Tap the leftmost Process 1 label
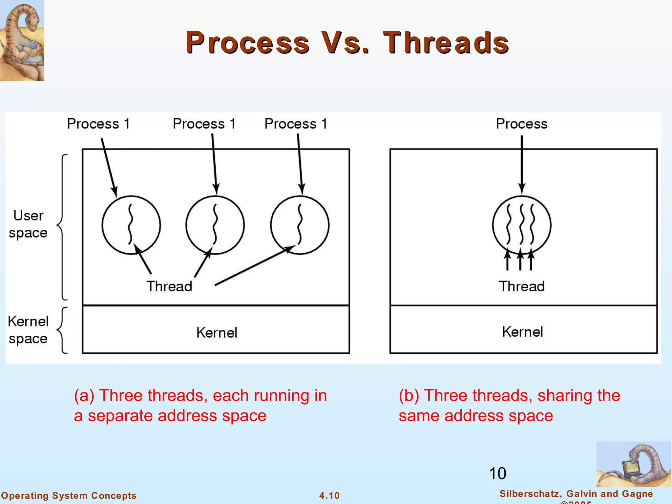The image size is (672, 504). tap(98, 124)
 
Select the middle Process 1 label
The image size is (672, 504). tap(204, 124)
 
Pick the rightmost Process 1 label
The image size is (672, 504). tap(296, 124)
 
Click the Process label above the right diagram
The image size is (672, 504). tap(521, 124)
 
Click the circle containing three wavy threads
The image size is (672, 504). tap(522, 225)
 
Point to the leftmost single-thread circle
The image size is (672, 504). tap(131, 225)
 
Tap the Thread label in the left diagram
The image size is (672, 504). tap(169, 286)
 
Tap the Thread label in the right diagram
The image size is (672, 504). tap(522, 286)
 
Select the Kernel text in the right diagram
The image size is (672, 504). tap(522, 332)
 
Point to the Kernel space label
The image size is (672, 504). tap(28, 330)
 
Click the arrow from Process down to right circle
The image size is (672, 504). tap(522, 164)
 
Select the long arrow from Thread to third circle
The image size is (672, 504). tap(253, 266)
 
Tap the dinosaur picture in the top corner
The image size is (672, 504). tap(22, 40)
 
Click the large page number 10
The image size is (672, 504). tap(497, 473)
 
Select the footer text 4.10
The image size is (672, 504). tap(329, 495)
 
